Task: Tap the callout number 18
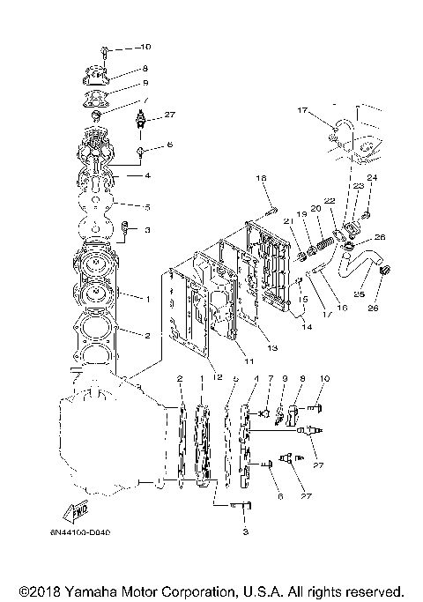(262, 178)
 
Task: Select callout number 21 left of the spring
(287, 219)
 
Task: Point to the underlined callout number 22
(330, 202)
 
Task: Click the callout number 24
(372, 179)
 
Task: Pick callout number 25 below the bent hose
(360, 294)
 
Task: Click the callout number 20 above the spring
(315, 208)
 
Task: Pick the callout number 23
(360, 187)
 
